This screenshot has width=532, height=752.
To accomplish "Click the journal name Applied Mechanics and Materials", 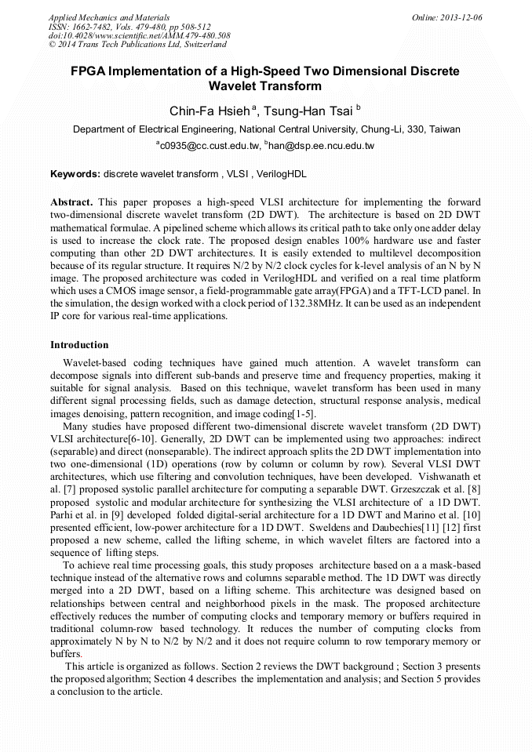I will (109, 16).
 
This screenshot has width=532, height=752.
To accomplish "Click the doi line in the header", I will (139, 35).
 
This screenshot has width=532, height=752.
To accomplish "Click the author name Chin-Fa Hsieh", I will (200, 111).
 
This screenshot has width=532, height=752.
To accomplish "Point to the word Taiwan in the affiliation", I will (444, 129).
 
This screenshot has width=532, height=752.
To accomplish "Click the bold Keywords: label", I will (75, 173).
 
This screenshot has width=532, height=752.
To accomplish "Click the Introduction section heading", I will (79, 345).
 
